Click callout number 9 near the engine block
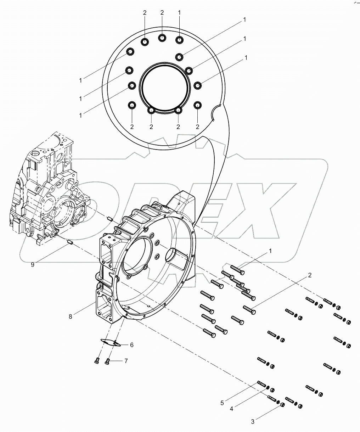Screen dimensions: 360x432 33,264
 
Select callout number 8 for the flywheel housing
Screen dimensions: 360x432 71,316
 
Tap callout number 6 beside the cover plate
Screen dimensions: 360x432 131,344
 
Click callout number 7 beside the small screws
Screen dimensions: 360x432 125,361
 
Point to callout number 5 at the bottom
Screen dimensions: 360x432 222,403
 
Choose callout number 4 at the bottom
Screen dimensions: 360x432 231,409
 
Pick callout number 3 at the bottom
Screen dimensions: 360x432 253,421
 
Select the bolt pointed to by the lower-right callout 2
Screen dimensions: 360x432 249,309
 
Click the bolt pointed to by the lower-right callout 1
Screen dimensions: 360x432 237,270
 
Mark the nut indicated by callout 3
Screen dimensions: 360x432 282,404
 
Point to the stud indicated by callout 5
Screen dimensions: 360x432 261,383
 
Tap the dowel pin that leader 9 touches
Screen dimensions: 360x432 69,243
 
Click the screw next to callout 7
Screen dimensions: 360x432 108,361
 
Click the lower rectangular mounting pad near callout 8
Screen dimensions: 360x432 104,304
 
